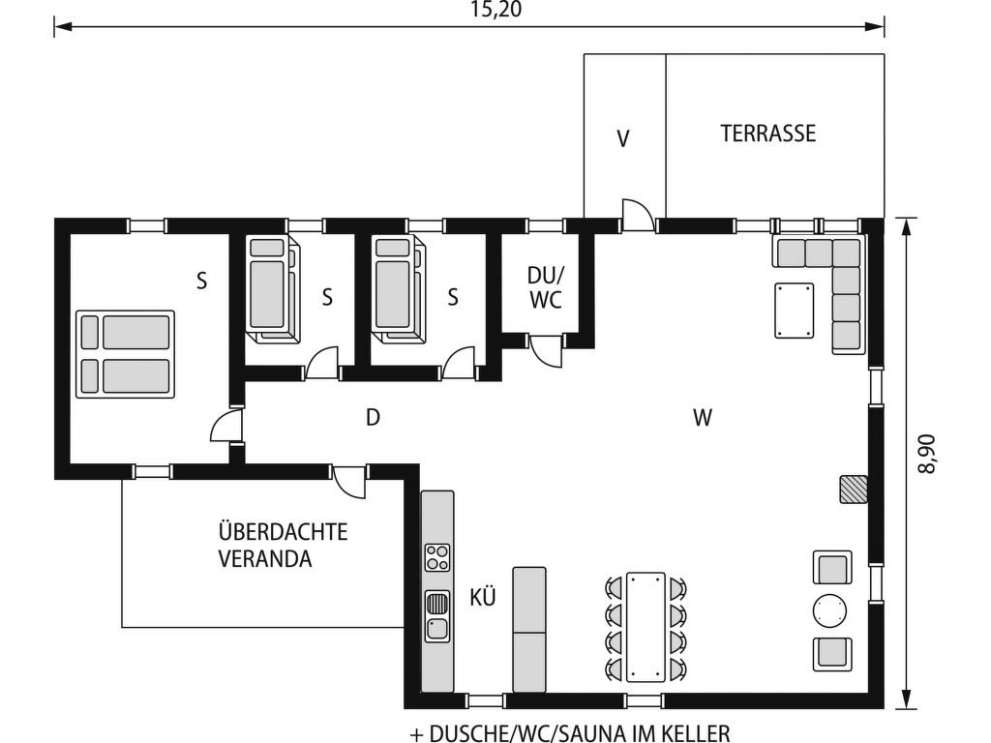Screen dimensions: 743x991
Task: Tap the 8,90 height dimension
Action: point(927,453)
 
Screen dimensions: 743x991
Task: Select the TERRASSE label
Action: point(768,134)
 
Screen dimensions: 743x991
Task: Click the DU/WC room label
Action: point(546,288)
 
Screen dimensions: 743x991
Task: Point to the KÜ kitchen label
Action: point(483,598)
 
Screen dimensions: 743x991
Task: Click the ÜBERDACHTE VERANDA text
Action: point(269,545)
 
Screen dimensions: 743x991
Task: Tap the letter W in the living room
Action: point(703,418)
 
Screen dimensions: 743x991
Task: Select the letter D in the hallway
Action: point(373,418)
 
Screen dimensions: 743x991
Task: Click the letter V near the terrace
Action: point(623,139)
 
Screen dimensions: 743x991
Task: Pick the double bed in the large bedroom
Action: point(126,354)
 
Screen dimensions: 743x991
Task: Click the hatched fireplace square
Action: point(854,490)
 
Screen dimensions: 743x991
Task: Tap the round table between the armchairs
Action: point(831,610)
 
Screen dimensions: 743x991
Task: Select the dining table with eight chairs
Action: point(646,627)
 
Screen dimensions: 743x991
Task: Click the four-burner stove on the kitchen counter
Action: point(437,558)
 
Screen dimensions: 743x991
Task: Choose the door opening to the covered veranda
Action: point(350,481)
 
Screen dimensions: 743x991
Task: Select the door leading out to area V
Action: point(638,216)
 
